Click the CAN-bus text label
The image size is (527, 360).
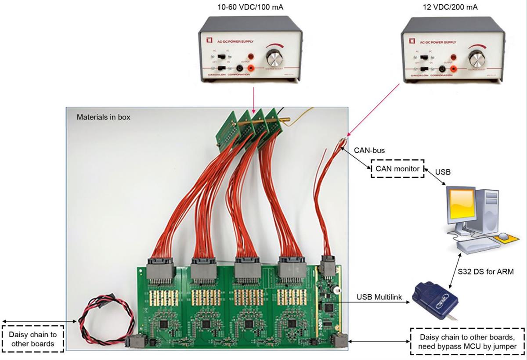369,150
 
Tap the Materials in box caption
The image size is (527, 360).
103,118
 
